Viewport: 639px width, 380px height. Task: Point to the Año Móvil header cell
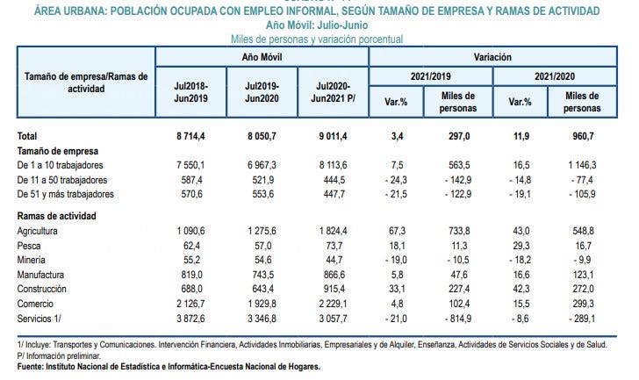coord(262,57)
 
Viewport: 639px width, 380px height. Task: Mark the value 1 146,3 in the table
coord(581,163)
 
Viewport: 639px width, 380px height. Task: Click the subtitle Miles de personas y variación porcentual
coord(316,39)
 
